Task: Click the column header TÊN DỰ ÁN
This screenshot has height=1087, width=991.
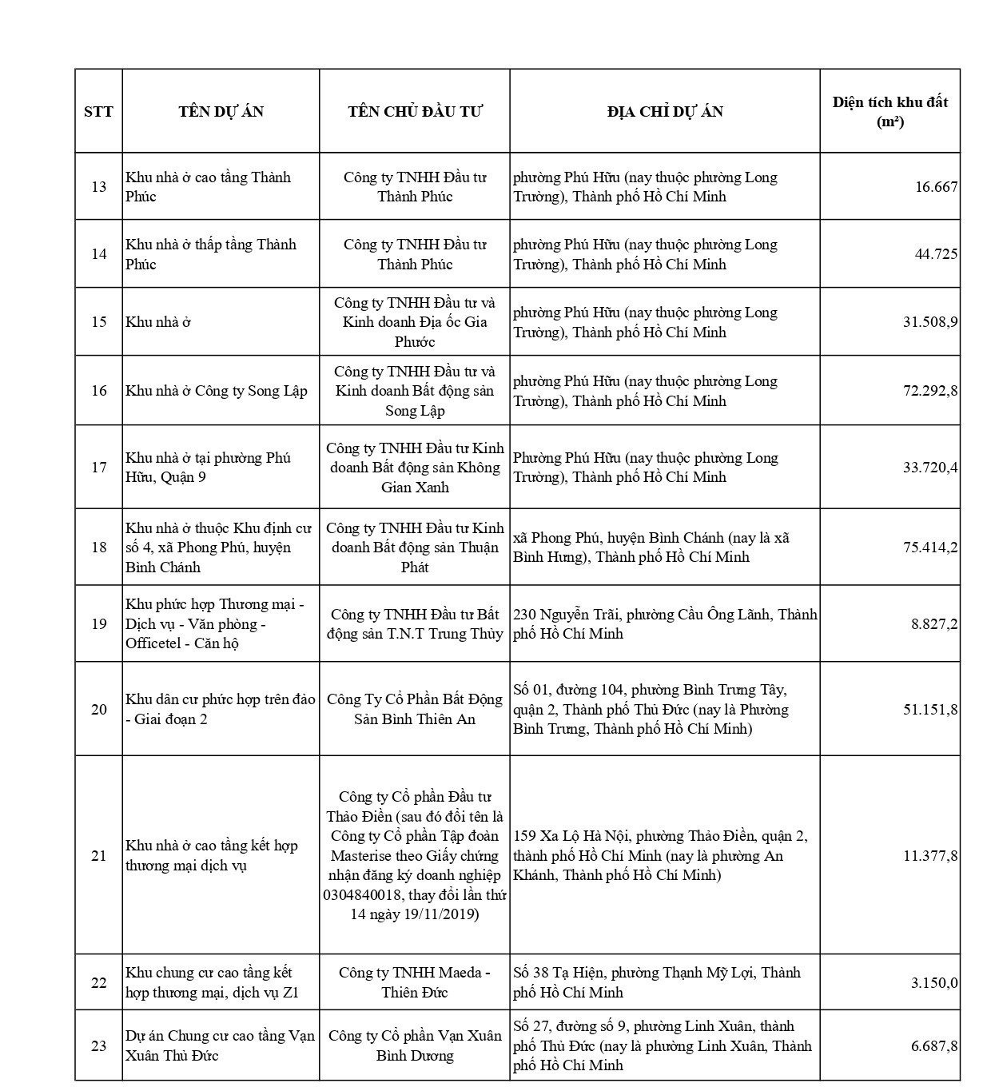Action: coord(221,111)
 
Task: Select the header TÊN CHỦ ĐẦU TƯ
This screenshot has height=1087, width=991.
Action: coord(415,111)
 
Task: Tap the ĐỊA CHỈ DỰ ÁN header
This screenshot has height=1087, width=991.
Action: coord(665,111)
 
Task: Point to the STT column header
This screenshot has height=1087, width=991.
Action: coord(98,111)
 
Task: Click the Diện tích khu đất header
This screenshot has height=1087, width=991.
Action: coord(890,111)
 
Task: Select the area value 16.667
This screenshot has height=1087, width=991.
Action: coord(936,187)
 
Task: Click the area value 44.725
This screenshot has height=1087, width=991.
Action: coord(936,254)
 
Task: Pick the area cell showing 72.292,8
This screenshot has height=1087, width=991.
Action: coord(930,391)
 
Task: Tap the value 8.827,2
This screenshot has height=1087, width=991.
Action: coord(934,624)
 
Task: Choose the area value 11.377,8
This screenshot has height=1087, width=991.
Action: coord(930,856)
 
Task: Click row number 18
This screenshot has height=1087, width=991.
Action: coord(98,547)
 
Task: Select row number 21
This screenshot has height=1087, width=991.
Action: coord(98,856)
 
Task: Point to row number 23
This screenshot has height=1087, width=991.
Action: coord(98,1045)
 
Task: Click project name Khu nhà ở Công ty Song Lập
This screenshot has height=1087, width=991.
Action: coord(217,391)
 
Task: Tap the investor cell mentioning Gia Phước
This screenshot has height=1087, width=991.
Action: coord(415,322)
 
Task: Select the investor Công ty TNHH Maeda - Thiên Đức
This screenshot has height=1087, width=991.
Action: coord(415,982)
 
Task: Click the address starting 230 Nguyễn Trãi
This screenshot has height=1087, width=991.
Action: coord(665,624)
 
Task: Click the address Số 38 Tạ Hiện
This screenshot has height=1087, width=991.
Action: coord(657,982)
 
